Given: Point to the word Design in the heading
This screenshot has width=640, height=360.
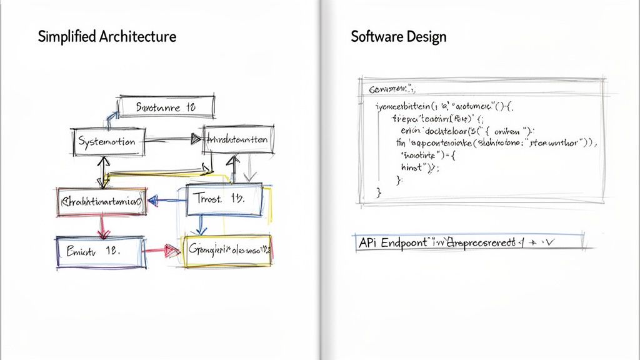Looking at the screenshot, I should coord(431,36).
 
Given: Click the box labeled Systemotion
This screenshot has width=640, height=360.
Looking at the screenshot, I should coord(108,142).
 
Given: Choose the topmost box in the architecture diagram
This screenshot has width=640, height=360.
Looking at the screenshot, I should coord(166,107).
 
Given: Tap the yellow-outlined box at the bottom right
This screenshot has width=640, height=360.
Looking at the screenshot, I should coord(227,251).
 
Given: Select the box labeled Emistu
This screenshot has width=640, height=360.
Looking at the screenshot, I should coord(98,251).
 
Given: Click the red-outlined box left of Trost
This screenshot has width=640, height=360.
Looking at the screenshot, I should coord(101,201).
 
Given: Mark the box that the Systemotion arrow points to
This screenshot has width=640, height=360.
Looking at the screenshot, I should coord(238,140).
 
